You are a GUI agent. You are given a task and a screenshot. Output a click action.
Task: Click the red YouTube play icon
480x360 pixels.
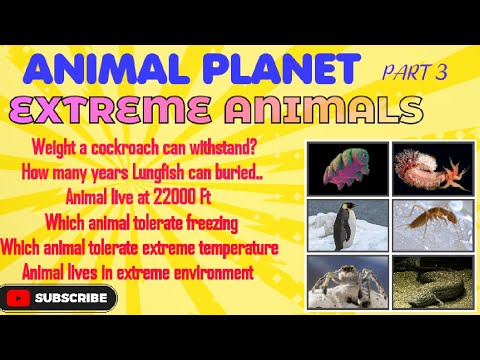click(x=18, y=297)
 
